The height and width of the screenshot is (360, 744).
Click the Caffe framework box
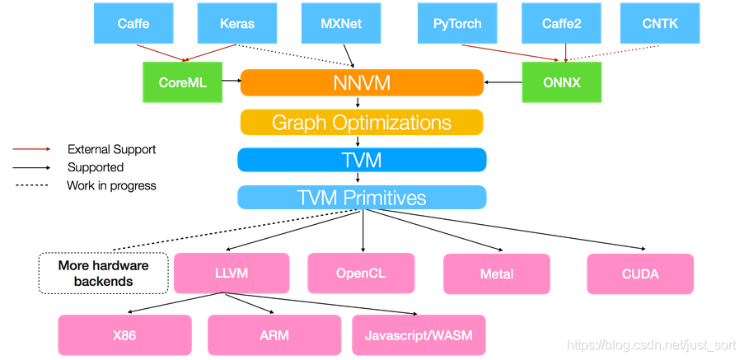[x=133, y=23]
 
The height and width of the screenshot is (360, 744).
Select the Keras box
[x=237, y=23]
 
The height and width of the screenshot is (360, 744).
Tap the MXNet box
[x=341, y=23]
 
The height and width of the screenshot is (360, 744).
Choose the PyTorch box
[x=457, y=23]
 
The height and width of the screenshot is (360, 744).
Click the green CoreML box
[x=182, y=82]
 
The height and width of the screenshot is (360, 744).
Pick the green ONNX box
[x=562, y=82]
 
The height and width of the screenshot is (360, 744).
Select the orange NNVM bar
[x=361, y=82]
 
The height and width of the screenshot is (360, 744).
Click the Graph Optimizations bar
[x=361, y=123]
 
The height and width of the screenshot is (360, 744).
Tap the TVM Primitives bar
[x=361, y=198]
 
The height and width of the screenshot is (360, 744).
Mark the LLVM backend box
[x=232, y=273]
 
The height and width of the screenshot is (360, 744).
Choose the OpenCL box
[x=360, y=273]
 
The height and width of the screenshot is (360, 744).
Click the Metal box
[x=496, y=274]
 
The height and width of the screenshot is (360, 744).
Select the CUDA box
[x=640, y=274]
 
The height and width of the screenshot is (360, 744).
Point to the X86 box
[x=124, y=335]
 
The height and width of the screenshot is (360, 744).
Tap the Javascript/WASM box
[x=419, y=335]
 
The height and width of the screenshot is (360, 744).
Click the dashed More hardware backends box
[x=103, y=274]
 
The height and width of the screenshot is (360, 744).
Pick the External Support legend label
[x=111, y=149]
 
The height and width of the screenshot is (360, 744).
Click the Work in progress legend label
[x=111, y=185]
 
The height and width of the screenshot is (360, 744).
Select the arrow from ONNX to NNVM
[x=503, y=82]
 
